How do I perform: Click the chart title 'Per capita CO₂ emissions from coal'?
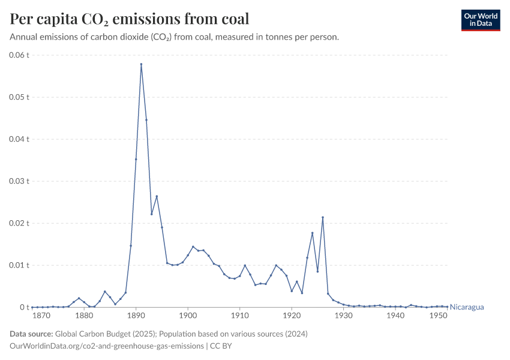coord(130,19)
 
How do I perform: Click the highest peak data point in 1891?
coord(141,64)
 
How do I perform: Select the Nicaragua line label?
coord(467,307)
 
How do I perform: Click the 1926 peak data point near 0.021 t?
coord(323,217)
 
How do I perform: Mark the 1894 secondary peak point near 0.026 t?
coord(157,196)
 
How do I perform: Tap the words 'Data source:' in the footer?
coord(31,334)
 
